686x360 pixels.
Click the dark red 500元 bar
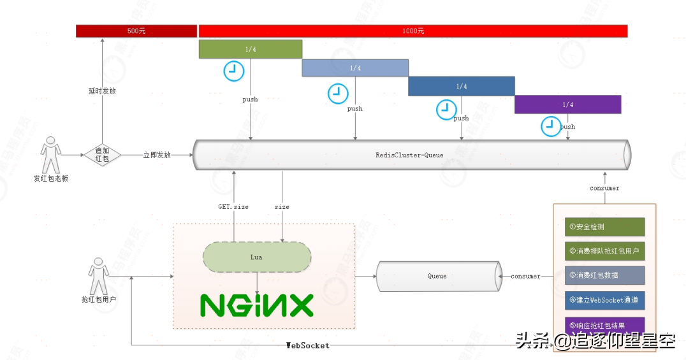pyautogui.click(x=136, y=31)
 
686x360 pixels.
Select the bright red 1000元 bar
pyautogui.click(x=413, y=31)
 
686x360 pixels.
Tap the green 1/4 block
pyautogui.click(x=250, y=49)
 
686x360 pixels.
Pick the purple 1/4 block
pyautogui.click(x=567, y=104)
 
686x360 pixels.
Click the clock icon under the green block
pyautogui.click(x=234, y=71)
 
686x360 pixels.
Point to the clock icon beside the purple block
pyautogui.click(x=551, y=126)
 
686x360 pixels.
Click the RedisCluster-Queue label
pyautogui.click(x=409, y=155)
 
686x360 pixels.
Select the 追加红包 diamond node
pyautogui.click(x=102, y=154)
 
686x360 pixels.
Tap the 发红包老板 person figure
pyautogui.click(x=50, y=155)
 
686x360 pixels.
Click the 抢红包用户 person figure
pyautogui.click(x=98, y=277)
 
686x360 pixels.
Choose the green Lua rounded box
pyautogui.click(x=257, y=257)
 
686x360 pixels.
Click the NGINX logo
pyautogui.click(x=257, y=305)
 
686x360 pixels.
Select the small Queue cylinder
pyautogui.click(x=437, y=277)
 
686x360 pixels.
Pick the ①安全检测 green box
pyautogui.click(x=604, y=227)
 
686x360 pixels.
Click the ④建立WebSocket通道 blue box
pyautogui.click(x=604, y=300)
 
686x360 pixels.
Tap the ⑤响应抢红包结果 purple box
pyautogui.click(x=604, y=325)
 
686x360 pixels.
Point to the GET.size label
pyautogui.click(x=233, y=206)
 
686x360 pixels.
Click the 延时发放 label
pyautogui.click(x=102, y=91)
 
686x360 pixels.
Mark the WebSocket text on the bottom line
pyautogui.click(x=308, y=345)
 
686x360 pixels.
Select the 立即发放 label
pyautogui.click(x=157, y=155)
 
